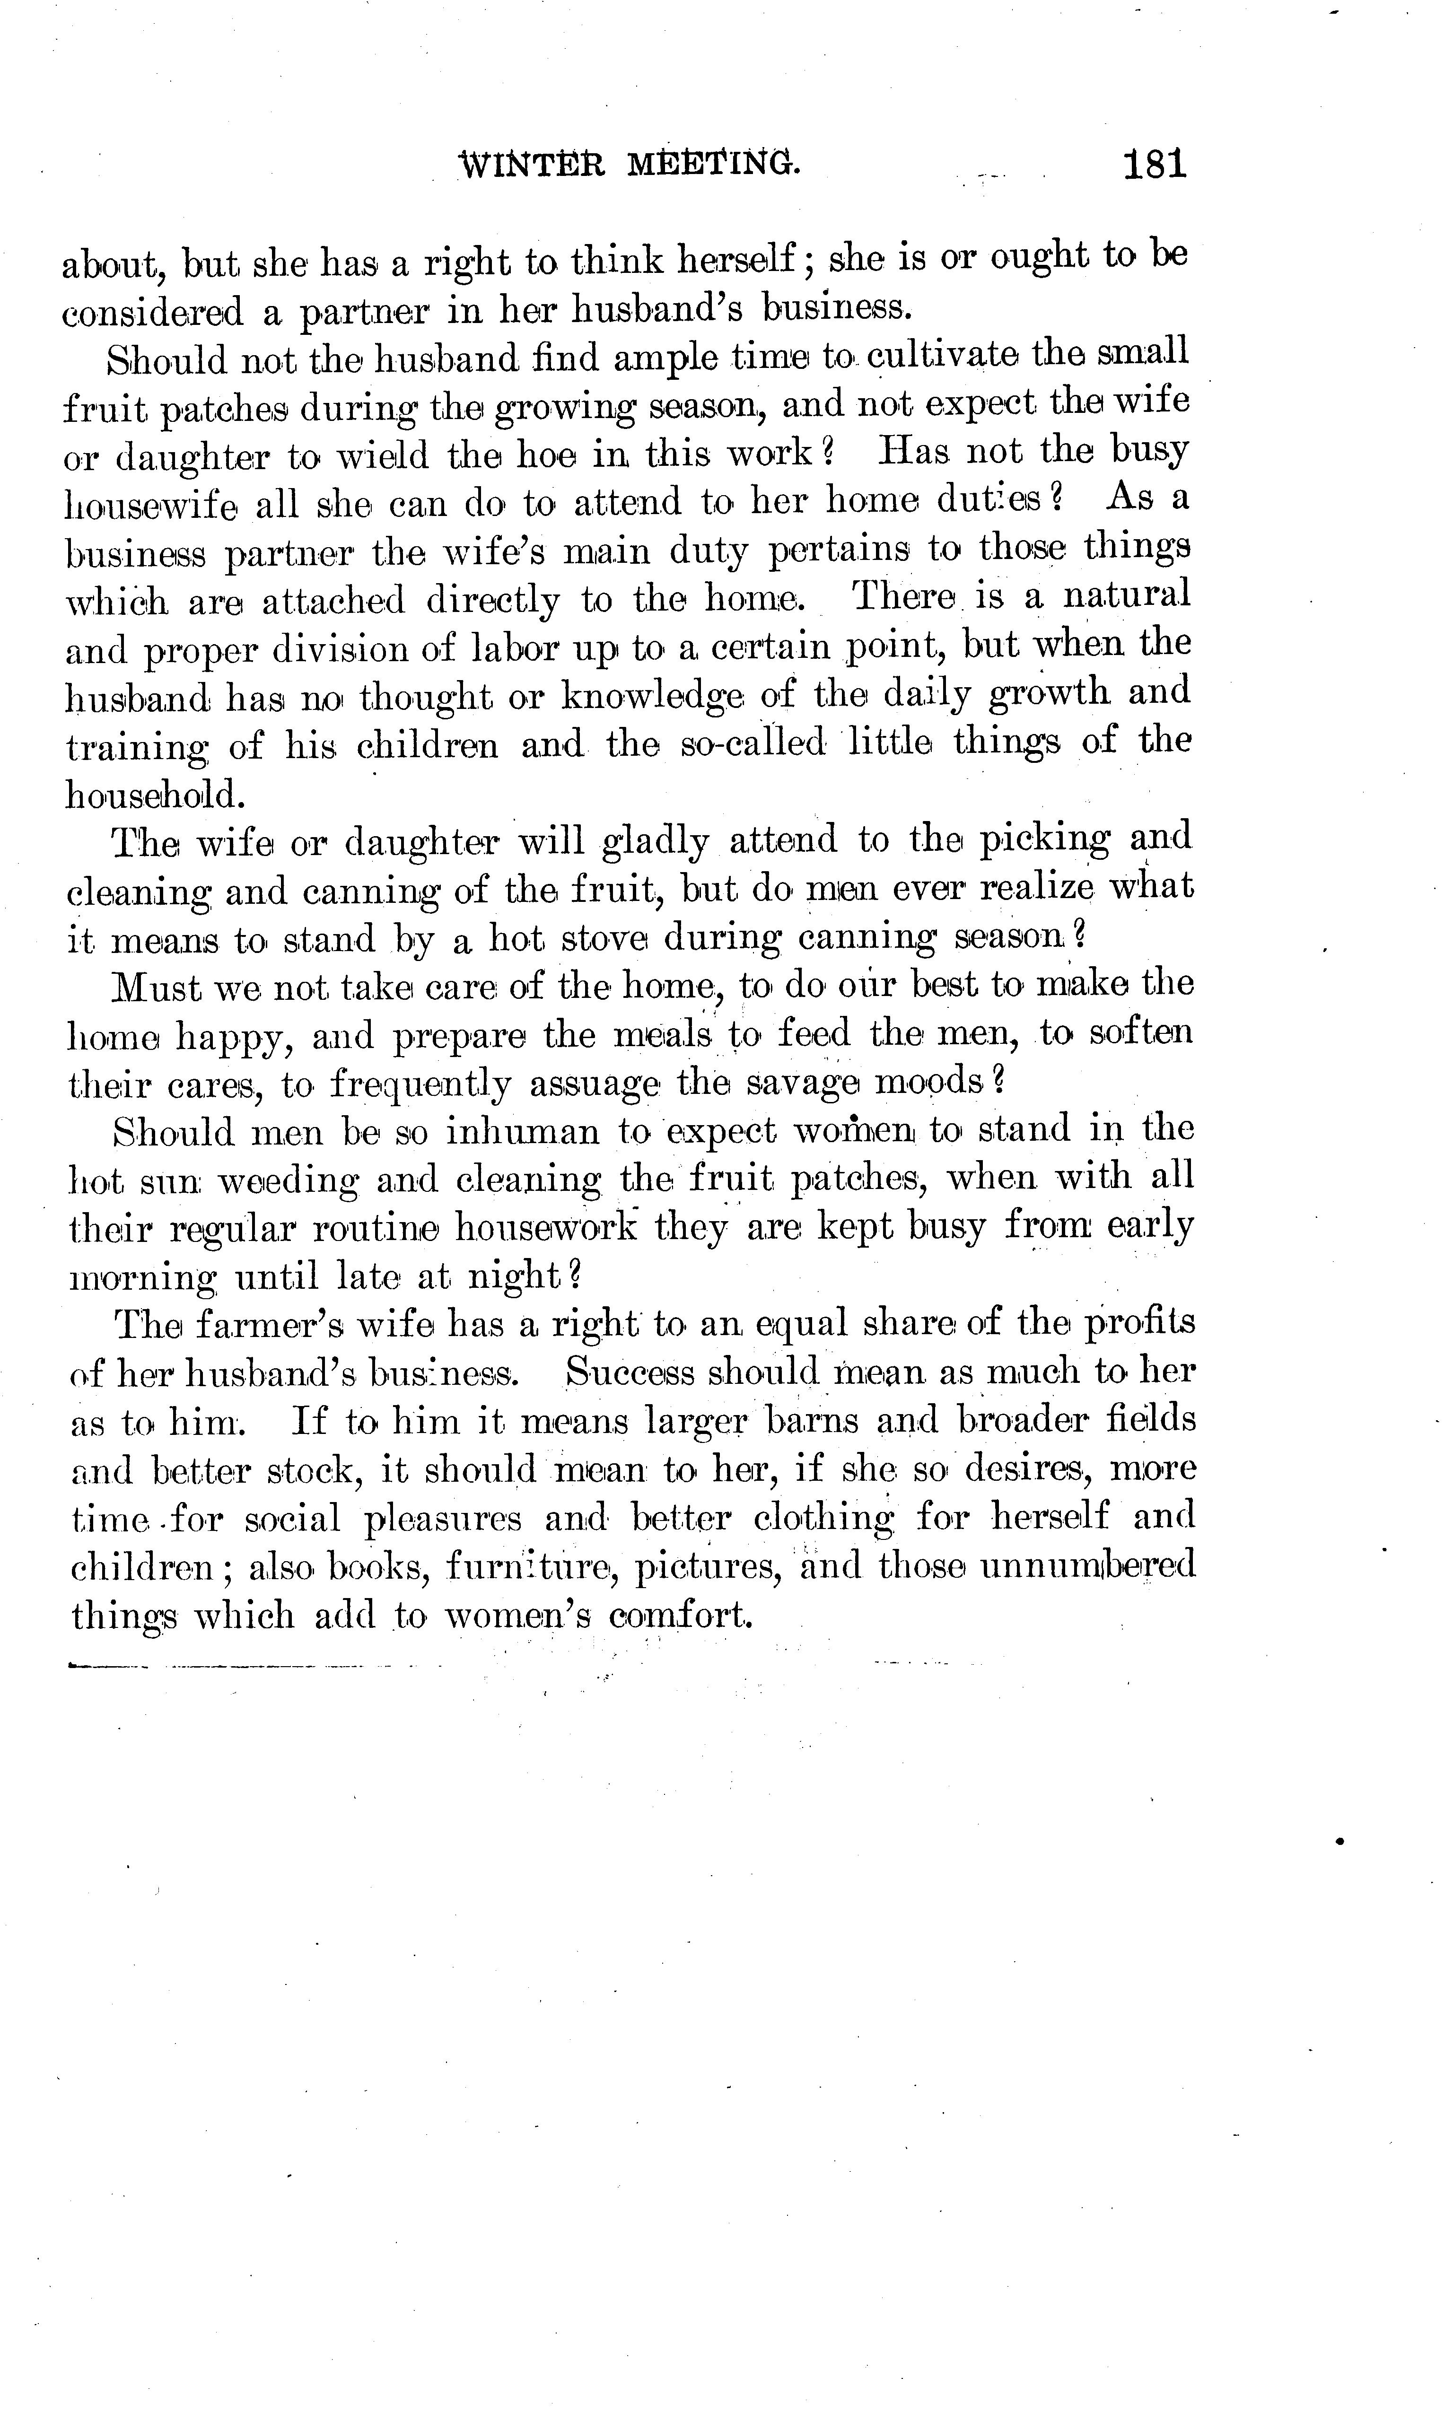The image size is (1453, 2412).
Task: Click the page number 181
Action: tap(1155, 165)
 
